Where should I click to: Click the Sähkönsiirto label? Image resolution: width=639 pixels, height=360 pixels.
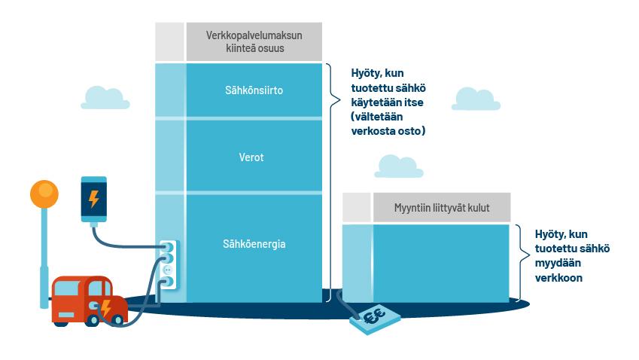point(253,91)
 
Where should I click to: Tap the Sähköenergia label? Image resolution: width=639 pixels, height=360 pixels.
point(254,244)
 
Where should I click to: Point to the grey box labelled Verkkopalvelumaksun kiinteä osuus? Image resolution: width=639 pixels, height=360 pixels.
point(254,42)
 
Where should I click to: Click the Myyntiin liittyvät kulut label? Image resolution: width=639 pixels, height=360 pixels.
point(441,207)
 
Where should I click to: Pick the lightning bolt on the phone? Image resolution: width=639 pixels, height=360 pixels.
point(94,200)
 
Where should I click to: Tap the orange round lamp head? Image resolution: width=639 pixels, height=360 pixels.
point(44,194)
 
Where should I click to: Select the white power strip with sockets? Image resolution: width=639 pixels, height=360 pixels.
point(168,264)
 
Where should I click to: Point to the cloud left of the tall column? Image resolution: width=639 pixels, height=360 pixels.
point(105,98)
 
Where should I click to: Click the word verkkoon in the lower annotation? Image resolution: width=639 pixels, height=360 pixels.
point(558,278)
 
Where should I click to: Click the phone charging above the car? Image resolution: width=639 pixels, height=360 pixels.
point(94,200)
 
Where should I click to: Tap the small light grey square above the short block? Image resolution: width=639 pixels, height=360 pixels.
point(356,207)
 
